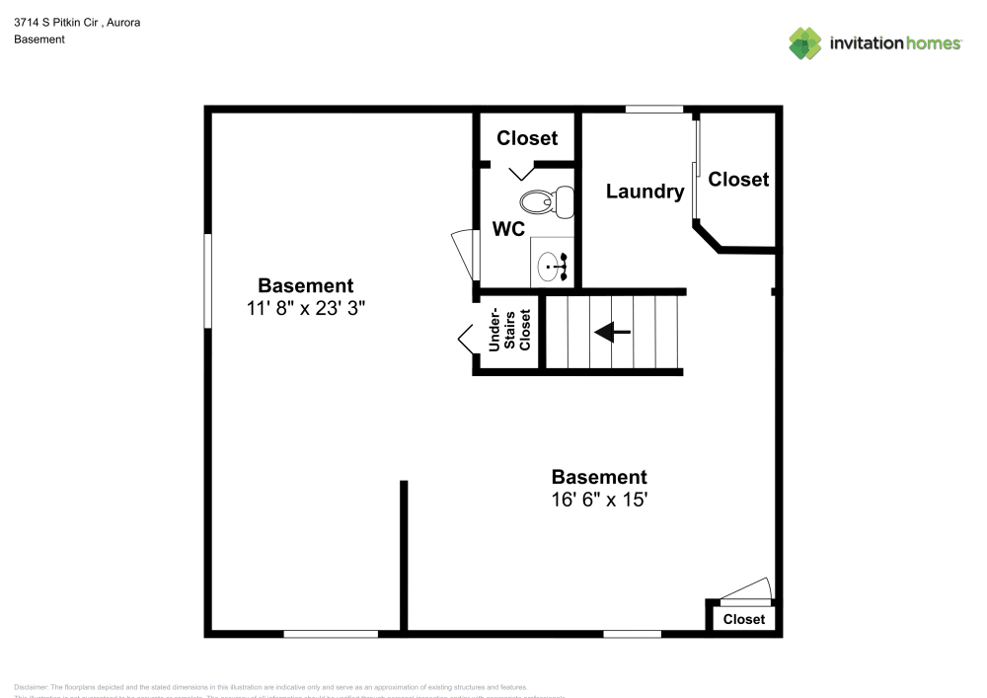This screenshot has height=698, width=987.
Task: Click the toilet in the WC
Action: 547,201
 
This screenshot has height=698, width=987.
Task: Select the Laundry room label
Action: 645,192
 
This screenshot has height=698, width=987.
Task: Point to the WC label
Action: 508,229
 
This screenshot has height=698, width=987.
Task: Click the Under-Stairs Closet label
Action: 510,331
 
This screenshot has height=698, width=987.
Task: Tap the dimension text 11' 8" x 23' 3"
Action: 306,308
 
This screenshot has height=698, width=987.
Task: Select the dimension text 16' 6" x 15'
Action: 599,500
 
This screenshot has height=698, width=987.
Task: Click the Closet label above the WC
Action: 527,138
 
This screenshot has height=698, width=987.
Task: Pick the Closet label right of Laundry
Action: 738,179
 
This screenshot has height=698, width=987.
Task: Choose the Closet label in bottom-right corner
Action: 743,619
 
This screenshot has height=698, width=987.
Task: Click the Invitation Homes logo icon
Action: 804,42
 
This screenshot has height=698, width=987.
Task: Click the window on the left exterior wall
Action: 208,280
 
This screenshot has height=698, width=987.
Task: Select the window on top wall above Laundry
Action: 654,109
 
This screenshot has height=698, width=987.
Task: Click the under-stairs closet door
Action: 466,340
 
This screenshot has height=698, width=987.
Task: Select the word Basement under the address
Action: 39,39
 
